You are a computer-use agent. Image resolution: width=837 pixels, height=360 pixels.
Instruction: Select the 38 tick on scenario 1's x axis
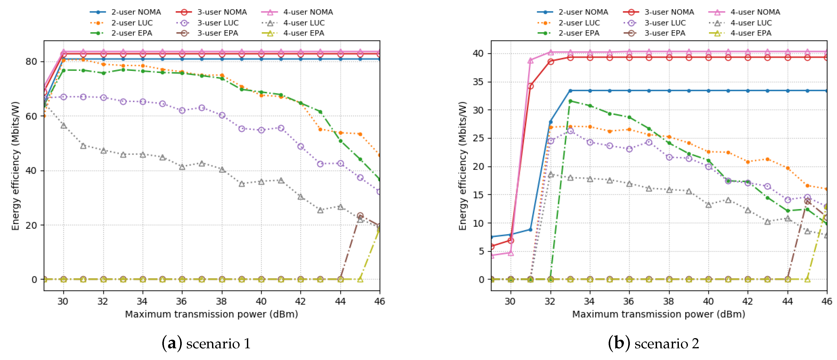coord(222,301)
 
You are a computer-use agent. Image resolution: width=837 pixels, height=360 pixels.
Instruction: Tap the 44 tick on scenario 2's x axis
coord(787,301)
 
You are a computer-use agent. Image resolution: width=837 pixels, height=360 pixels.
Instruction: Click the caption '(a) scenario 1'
coord(206,343)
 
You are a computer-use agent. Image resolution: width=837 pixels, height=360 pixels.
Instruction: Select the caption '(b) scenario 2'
coord(653,343)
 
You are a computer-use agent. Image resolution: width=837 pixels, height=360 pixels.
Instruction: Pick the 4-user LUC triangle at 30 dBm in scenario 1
coord(64,125)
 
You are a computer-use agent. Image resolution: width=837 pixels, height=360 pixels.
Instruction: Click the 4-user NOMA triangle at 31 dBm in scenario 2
coord(530,61)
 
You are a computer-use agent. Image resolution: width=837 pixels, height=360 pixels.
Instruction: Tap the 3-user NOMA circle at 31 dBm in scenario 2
coord(530,86)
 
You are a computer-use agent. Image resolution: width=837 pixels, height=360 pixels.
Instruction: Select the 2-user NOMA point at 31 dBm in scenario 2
coord(530,230)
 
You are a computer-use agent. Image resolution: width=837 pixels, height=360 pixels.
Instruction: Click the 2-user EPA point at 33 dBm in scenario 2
coord(570,101)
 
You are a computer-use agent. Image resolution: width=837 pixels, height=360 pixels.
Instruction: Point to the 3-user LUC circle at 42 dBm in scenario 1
coord(301,146)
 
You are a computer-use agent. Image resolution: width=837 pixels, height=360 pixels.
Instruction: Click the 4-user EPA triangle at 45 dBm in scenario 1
coord(360,279)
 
